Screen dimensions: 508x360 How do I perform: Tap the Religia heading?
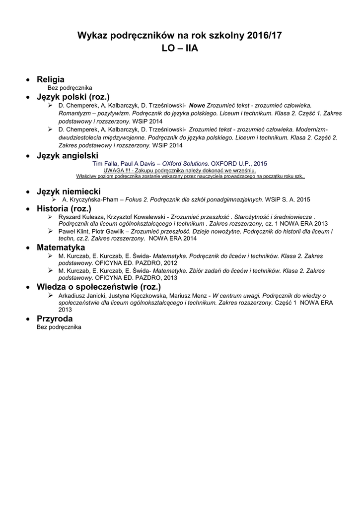point(51,79)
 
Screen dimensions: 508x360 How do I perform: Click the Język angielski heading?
point(68,156)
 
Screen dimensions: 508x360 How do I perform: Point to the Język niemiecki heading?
point(69,191)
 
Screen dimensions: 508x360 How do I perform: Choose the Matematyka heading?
point(61,248)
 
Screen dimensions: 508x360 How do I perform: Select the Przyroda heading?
point(55,318)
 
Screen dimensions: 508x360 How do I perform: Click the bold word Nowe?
point(198,106)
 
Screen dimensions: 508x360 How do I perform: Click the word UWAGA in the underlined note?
point(113,170)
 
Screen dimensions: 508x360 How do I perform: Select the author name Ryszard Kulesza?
point(82,217)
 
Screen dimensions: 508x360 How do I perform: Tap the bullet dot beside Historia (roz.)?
point(28,209)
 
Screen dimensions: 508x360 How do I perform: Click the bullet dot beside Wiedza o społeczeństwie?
point(28,287)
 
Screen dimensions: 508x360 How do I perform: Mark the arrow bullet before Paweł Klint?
point(50,232)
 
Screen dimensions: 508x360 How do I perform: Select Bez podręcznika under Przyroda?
point(59,327)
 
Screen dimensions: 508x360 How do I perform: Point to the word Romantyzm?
point(74,113)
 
